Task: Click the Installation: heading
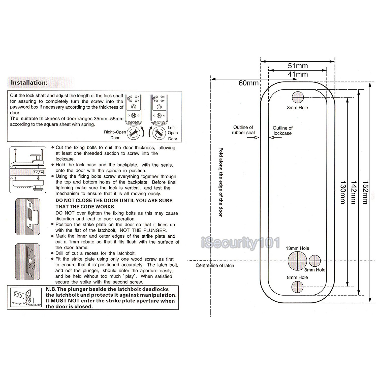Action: [29, 82]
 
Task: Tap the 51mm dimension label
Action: [298, 66]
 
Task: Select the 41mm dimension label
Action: [298, 74]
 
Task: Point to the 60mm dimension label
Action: [248, 83]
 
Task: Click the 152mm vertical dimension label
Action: [365, 192]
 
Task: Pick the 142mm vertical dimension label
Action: [354, 192]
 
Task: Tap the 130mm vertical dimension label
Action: [343, 192]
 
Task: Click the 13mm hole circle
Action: [298, 261]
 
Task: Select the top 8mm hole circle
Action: [298, 97]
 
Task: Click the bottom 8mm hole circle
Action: [298, 287]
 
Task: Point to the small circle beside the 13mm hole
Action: [315, 261]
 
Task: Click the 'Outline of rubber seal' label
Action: [243, 130]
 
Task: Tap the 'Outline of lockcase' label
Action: [282, 131]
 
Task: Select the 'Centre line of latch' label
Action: [215, 265]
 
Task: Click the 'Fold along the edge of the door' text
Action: [221, 182]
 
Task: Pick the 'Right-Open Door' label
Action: [115, 135]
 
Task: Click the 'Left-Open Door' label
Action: [173, 133]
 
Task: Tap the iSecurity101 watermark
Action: [241, 243]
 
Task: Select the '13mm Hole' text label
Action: [297, 248]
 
